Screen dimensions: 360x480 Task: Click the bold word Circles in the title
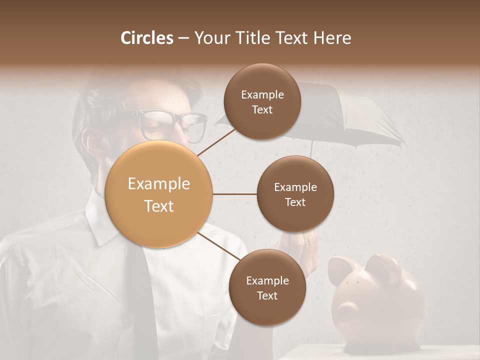coord(147,38)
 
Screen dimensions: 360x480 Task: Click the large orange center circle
coord(159,194)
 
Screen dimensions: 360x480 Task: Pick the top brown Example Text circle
coord(262,101)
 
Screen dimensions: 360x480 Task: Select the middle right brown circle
coord(295,194)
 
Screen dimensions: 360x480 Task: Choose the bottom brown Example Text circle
coord(267,287)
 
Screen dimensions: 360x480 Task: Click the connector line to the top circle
coord(216,141)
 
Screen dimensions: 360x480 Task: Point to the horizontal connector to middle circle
coord(234,194)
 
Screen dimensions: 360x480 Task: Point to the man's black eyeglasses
coord(172,125)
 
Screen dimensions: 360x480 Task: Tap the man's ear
coord(90,145)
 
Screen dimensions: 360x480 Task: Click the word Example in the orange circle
coord(159,184)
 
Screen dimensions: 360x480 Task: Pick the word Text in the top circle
coord(262,110)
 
